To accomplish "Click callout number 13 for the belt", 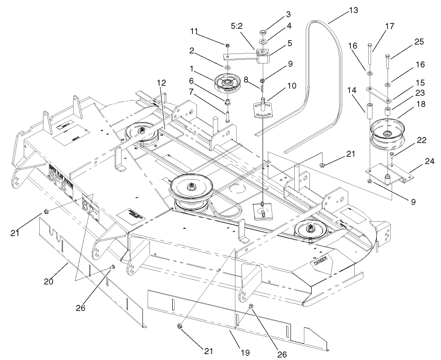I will (x=353, y=10).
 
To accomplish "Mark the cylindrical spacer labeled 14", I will (x=369, y=110).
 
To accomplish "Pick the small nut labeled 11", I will (x=227, y=45).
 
